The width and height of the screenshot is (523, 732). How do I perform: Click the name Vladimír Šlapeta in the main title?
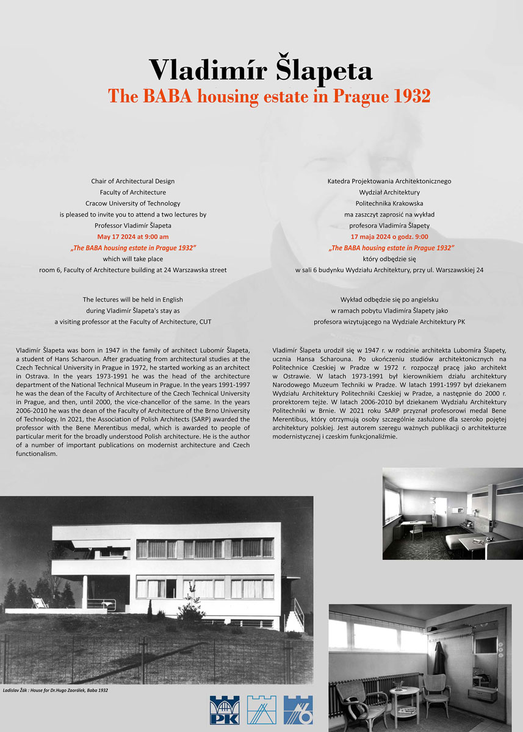tap(261, 70)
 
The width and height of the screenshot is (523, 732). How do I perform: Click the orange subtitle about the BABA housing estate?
tap(269, 96)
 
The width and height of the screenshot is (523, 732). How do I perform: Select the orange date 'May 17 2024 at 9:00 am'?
tap(133, 236)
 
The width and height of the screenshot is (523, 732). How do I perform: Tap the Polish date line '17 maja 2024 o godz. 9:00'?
tap(389, 236)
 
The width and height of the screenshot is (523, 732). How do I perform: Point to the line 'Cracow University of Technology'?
tap(133, 203)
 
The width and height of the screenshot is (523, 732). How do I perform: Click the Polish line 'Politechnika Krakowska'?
tap(389, 203)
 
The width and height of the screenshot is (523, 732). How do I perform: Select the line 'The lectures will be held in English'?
tap(133, 300)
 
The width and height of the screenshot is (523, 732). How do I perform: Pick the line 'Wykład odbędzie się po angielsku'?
tap(389, 300)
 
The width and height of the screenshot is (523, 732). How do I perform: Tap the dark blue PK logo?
tap(224, 709)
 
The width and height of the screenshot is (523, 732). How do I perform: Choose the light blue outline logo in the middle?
tap(261, 709)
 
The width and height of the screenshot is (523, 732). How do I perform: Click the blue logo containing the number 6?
tap(298, 709)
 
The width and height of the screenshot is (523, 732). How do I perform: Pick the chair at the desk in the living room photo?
tap(417, 531)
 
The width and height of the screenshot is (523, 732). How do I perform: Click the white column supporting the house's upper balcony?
tap(85, 592)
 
